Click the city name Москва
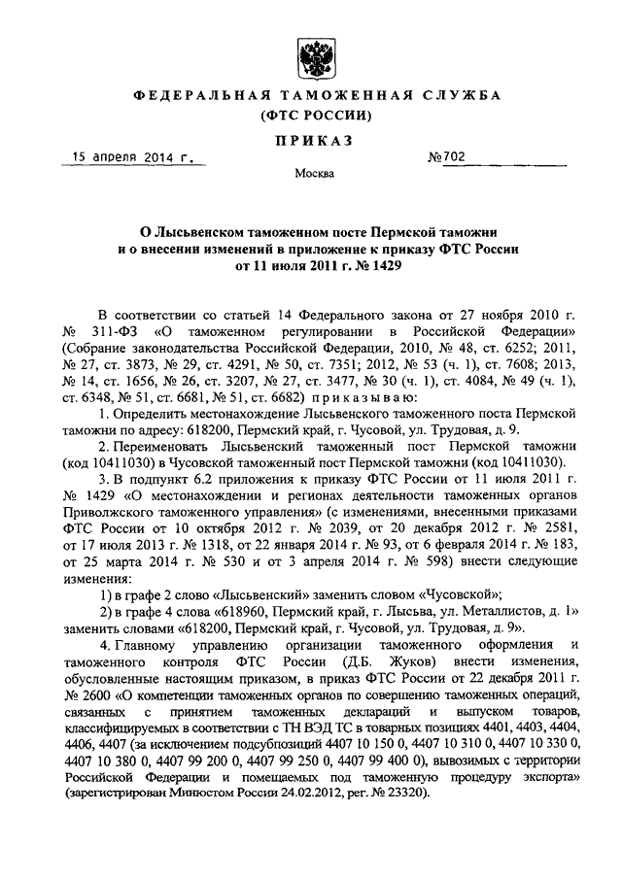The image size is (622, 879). [312, 174]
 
